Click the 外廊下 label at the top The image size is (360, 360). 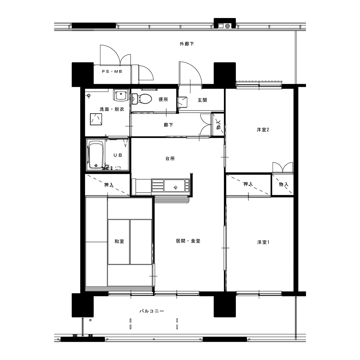click(186, 44)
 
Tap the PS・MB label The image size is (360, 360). click(112, 72)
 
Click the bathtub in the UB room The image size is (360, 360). click(96, 156)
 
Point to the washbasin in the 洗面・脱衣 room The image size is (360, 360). click(120, 95)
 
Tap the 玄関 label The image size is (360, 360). click(202, 100)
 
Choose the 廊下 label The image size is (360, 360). click(168, 125)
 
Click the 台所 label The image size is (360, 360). click(170, 158)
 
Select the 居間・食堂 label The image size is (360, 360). click(188, 241)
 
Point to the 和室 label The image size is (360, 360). click(120, 241)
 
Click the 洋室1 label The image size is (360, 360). click(263, 242)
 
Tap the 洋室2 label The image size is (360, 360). click(263, 130)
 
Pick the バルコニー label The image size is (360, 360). click(152, 311)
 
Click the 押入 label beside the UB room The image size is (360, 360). click(109, 185)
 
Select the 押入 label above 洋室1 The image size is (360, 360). click(248, 184)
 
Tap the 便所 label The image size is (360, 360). click(163, 99)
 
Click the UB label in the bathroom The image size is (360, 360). click(118, 156)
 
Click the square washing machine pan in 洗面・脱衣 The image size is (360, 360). click(96, 119)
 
